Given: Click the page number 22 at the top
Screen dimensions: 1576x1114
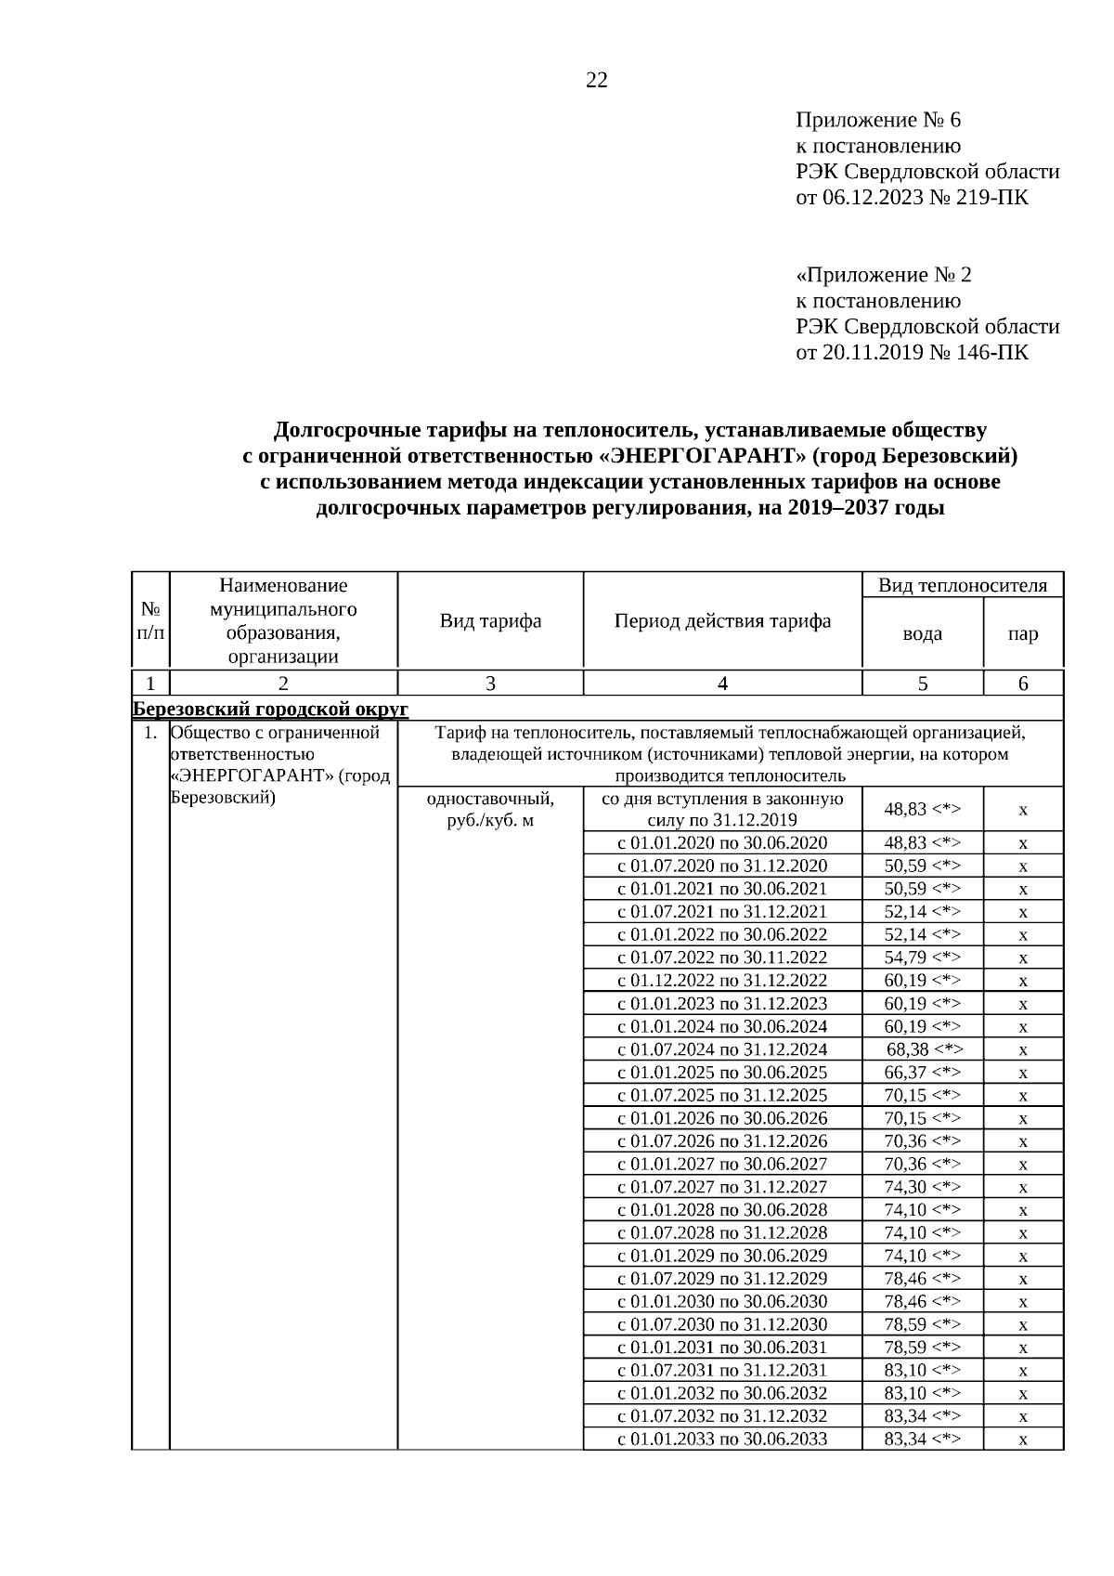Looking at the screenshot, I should click(x=597, y=81).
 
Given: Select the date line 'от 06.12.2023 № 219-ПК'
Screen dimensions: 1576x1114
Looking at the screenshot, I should click(x=913, y=198).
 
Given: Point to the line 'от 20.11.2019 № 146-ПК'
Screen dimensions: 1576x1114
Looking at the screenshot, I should click(x=913, y=353).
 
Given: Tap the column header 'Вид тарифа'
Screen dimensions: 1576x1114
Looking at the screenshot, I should click(x=490, y=621).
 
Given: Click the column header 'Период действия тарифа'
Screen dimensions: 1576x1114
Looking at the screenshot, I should click(x=722, y=621).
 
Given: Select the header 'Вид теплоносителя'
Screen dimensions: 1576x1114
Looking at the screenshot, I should click(x=963, y=585).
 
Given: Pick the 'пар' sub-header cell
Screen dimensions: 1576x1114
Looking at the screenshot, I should click(x=1023, y=634).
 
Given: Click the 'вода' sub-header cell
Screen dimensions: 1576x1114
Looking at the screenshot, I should click(x=922, y=634).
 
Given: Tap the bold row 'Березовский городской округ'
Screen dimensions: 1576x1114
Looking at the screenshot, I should click(x=270, y=709).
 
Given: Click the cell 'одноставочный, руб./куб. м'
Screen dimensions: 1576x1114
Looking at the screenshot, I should click(x=490, y=810).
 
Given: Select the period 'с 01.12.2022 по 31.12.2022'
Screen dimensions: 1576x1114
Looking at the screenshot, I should click(x=722, y=981).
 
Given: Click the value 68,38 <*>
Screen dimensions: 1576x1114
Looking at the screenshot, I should click(x=925, y=1049).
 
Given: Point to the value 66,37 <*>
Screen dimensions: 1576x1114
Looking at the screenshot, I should click(x=922, y=1073).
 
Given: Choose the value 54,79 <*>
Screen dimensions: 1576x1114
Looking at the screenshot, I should click(x=922, y=957).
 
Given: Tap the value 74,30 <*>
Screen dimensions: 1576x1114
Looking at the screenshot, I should click(x=922, y=1187).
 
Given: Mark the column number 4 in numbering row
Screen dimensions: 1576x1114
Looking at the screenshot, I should click(x=722, y=684).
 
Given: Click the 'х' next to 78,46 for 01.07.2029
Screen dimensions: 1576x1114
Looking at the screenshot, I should click(x=1023, y=1279).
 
